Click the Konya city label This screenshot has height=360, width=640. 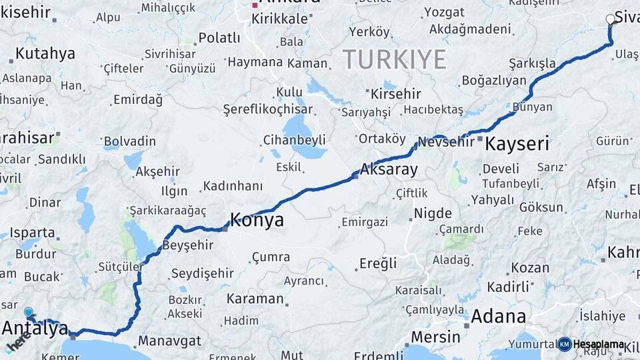pos(257,220)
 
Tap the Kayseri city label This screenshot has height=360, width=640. pos(517,143)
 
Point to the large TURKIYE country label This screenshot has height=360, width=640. pos(395,59)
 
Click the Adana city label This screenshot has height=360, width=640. pos(498,316)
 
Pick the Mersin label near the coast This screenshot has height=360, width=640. pos(435,337)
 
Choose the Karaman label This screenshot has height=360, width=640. pos(255,299)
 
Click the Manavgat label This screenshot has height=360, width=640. pos(169,341)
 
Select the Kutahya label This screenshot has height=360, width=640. pos(45,54)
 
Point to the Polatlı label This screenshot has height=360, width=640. pos(219,38)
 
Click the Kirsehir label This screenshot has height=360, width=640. pos(396,93)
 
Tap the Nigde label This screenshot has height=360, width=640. pos(433,214)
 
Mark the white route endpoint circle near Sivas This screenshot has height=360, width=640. pos(610,19)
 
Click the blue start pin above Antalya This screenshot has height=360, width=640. pos(28,311)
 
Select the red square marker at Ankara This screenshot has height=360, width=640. pos(255,5)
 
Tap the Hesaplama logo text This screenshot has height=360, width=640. pos(598,344)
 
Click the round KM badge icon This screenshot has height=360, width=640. pos(565,344)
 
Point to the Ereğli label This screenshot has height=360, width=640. pos(378,263)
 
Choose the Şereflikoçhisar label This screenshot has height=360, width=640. pos(267,109)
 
